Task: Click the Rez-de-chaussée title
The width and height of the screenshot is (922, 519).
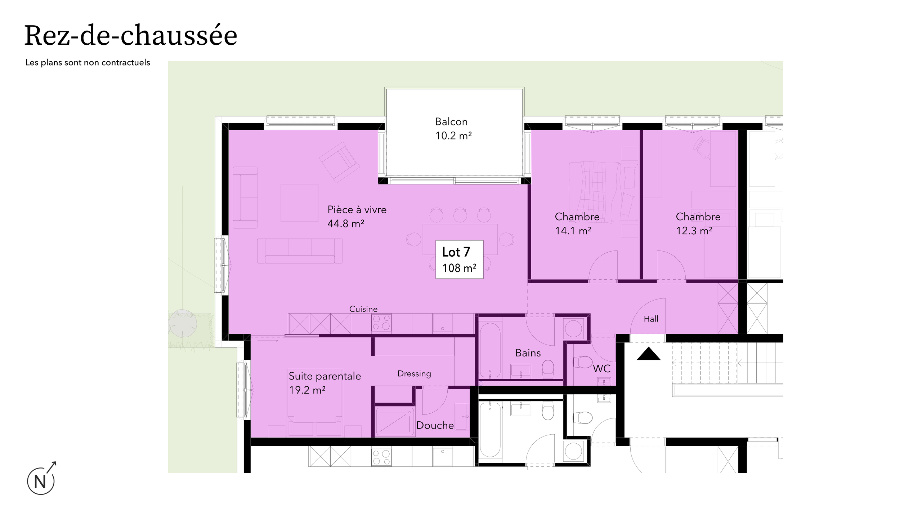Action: tap(131, 36)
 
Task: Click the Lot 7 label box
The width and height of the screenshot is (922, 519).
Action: tap(459, 259)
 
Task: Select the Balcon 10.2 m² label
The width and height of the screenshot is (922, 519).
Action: tap(453, 129)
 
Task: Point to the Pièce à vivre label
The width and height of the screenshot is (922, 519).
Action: tap(357, 210)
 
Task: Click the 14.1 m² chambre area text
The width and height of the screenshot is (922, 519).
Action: tap(573, 231)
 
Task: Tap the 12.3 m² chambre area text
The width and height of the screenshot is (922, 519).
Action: tap(694, 231)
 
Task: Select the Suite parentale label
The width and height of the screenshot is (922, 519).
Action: tap(325, 376)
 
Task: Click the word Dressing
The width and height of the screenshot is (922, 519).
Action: tap(414, 374)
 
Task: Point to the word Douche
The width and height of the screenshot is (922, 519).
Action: tap(435, 426)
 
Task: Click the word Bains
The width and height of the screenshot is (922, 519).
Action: tap(528, 353)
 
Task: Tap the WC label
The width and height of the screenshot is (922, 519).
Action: tap(601, 369)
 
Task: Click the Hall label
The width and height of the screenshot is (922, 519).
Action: tap(651, 319)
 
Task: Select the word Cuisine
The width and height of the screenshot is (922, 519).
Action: tap(363, 309)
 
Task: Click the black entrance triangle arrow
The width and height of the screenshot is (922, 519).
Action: tap(648, 354)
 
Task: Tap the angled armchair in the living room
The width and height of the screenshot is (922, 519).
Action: tap(339, 162)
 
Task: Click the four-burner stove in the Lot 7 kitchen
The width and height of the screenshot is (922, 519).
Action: tap(381, 323)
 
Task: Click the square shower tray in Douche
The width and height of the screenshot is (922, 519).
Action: tap(394, 421)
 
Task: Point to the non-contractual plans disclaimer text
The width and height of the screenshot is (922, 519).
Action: tap(88, 63)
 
